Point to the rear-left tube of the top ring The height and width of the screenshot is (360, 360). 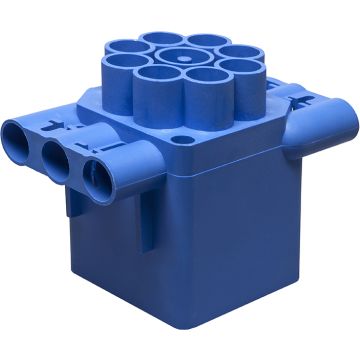pyautogui.click(x=159, y=43)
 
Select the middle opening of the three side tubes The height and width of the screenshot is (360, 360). pyautogui.click(x=55, y=151)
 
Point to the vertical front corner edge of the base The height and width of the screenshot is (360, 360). pyautogui.click(x=177, y=260)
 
